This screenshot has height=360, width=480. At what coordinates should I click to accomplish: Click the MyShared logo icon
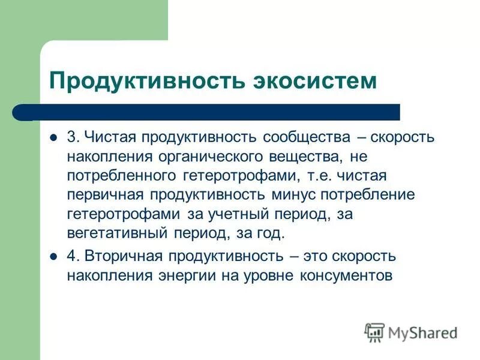pos(375,332)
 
